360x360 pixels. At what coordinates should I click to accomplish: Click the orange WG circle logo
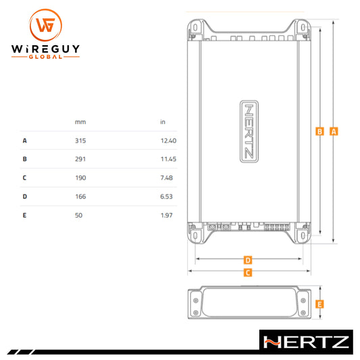click(46, 25)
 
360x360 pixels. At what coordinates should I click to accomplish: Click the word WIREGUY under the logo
click(45, 49)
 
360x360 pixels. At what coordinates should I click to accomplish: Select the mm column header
click(80, 122)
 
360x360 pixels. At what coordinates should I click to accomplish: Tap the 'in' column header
click(163, 122)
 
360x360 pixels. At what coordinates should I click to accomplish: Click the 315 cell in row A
click(80, 140)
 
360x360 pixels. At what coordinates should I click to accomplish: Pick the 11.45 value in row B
click(168, 159)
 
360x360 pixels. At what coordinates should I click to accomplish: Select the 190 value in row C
click(80, 178)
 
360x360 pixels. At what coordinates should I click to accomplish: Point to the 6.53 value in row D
click(166, 197)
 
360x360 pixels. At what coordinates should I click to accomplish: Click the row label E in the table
click(24, 215)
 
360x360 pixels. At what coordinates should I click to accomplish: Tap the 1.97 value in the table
click(166, 215)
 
